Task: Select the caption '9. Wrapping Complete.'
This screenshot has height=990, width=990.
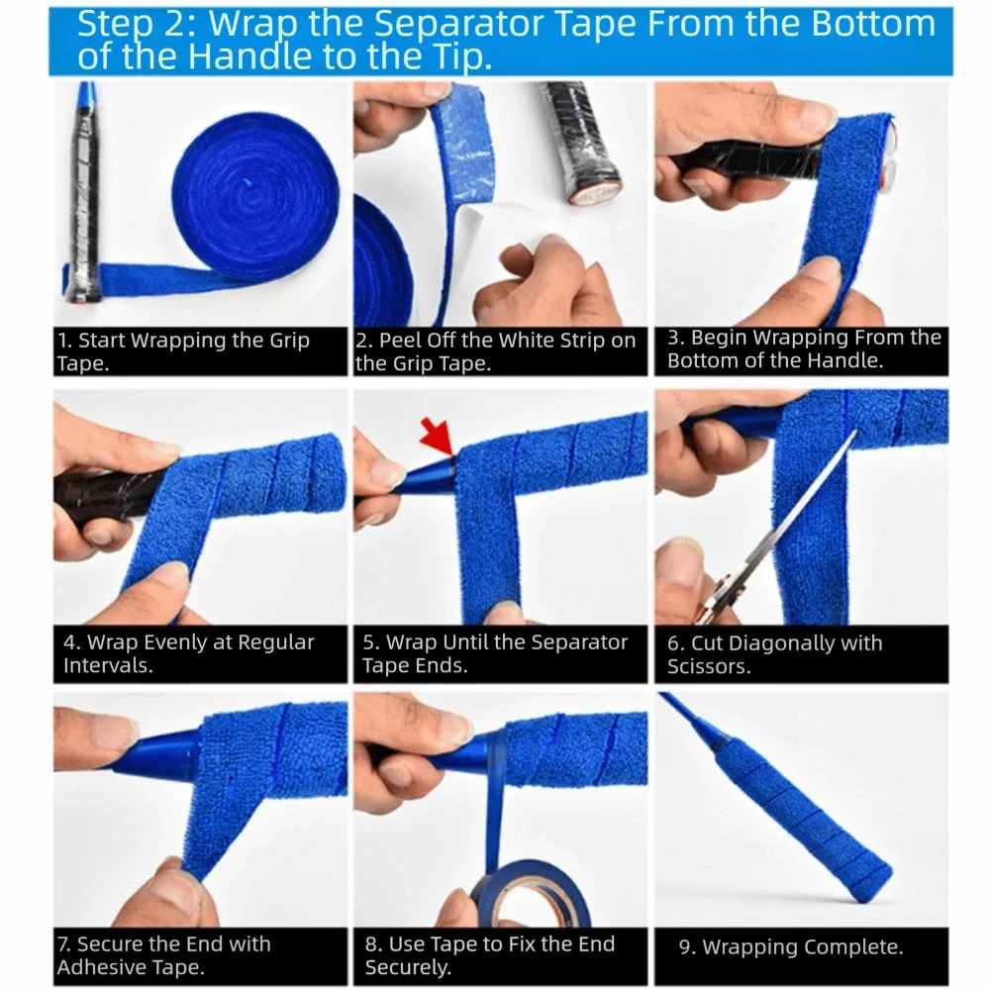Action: (790, 947)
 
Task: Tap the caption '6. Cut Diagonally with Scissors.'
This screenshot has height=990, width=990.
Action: (774, 654)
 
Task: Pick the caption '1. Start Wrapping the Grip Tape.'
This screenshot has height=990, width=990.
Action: (184, 351)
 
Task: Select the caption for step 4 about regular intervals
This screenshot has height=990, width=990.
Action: (188, 653)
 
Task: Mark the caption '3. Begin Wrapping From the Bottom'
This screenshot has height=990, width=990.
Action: (803, 349)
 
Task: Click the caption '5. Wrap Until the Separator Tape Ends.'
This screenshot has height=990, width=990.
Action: (495, 653)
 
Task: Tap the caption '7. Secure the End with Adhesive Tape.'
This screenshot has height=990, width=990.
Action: (163, 955)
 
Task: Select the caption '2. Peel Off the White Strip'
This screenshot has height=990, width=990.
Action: (495, 351)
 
